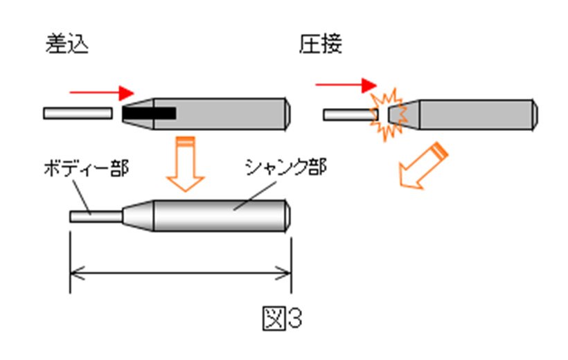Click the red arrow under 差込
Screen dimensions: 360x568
click(101, 92)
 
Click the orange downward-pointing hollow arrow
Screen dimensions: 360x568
click(185, 165)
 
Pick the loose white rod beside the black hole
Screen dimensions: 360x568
click(77, 113)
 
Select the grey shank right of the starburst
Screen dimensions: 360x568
click(477, 114)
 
